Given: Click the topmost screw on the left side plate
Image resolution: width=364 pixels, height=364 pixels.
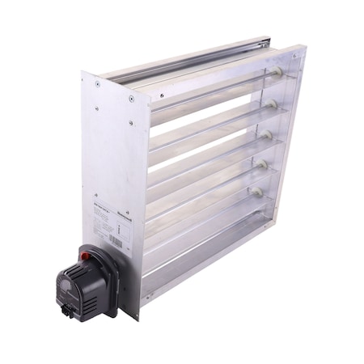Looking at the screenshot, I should [x=97, y=83].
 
